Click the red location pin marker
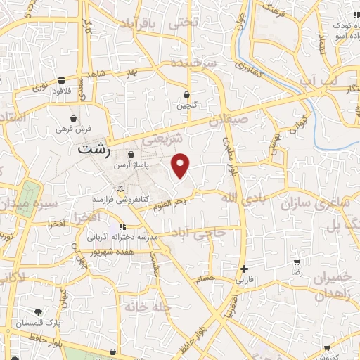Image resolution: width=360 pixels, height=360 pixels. pos(181,165)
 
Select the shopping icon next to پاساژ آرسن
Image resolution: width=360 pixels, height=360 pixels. pos(131,155)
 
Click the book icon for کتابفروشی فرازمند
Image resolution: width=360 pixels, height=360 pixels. pos(121,188)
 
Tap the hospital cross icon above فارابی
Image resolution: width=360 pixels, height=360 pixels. pos(244,269)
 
